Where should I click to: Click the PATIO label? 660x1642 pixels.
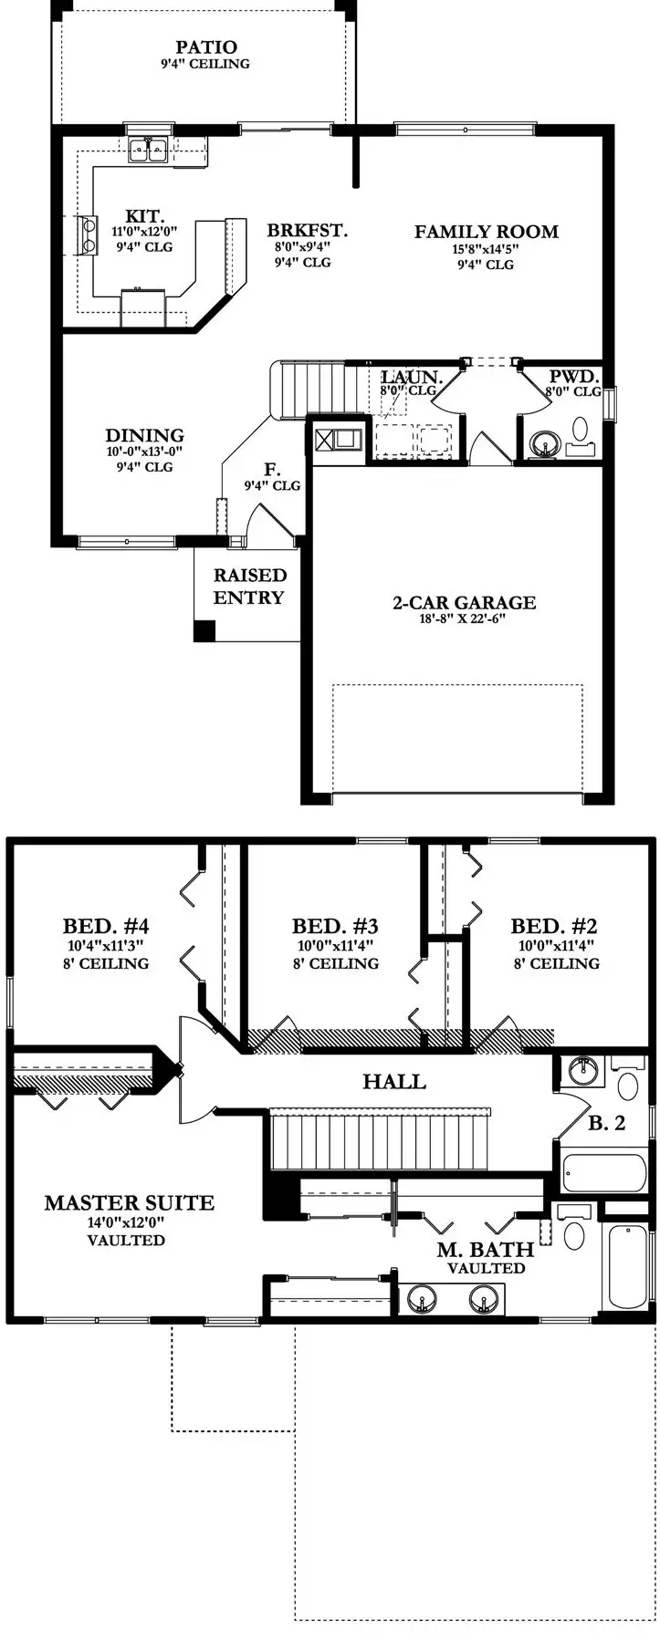tap(206, 47)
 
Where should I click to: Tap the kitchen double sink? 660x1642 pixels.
tap(147, 150)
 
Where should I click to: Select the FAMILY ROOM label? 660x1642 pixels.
tap(486, 232)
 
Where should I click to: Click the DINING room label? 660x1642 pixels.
tap(144, 436)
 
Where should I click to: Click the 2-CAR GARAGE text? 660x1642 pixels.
tap(464, 602)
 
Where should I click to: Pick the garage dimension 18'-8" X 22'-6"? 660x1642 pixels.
tap(463, 618)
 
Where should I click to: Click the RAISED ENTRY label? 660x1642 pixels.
tap(249, 587)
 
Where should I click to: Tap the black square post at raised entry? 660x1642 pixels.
tap(204, 630)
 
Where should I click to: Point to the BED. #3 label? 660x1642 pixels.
tap(335, 926)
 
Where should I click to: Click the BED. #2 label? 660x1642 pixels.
tap(555, 926)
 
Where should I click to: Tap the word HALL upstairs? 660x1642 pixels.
tap(394, 1082)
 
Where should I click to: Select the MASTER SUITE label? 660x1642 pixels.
tap(129, 1203)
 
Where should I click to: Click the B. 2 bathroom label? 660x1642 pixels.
tap(606, 1123)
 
